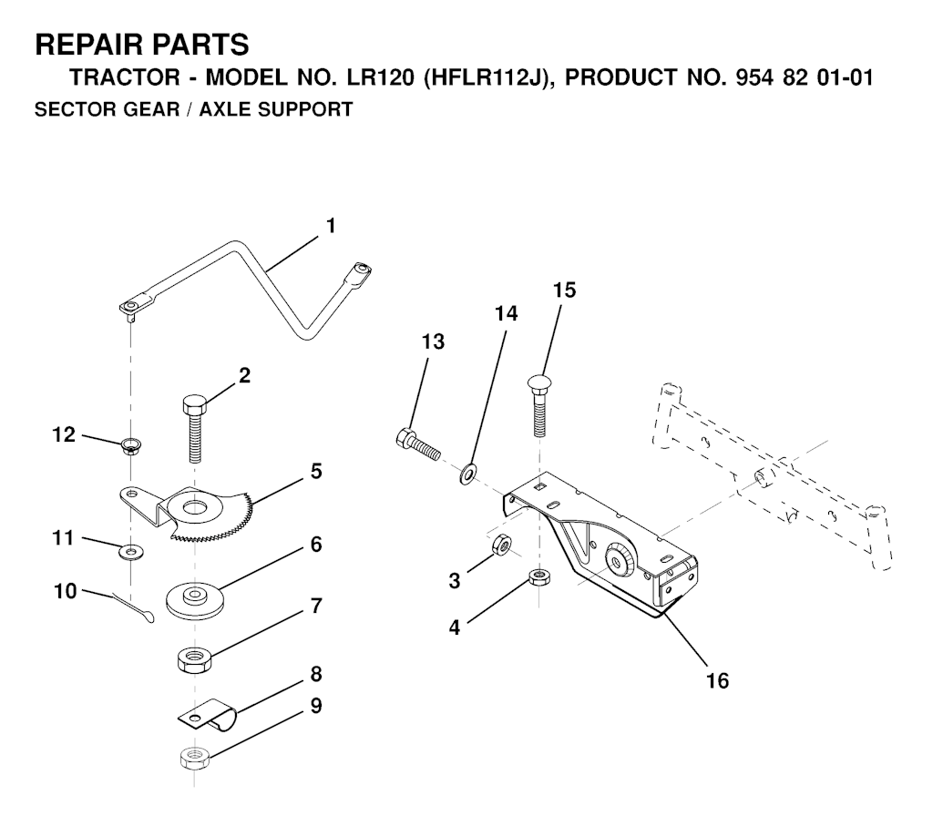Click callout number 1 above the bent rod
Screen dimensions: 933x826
(x=331, y=226)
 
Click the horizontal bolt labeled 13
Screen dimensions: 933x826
(x=417, y=444)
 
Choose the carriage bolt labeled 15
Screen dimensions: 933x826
(x=539, y=407)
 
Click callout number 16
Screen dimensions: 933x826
(x=718, y=681)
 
